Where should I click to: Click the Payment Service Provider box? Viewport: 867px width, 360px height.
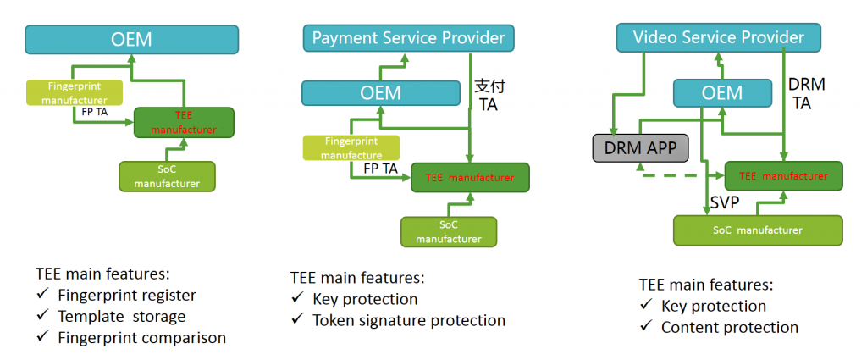(x=408, y=39)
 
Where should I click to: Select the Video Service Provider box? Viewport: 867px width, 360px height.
(x=718, y=37)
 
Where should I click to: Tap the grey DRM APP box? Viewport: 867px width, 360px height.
(x=640, y=148)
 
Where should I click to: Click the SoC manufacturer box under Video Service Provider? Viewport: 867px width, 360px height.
(x=758, y=230)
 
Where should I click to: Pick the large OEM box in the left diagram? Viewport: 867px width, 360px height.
(x=131, y=39)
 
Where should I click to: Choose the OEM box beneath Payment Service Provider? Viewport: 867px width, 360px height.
(x=380, y=93)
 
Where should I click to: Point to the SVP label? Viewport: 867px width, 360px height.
(x=725, y=203)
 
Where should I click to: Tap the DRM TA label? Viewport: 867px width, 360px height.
(x=806, y=93)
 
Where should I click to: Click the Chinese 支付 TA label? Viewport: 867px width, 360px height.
(x=490, y=95)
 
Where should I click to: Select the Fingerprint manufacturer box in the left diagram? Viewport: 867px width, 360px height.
(x=75, y=93)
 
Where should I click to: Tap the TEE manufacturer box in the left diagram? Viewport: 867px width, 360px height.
(x=185, y=122)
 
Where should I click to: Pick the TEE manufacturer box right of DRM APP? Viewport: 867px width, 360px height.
(x=783, y=176)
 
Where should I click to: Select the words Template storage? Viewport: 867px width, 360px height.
(x=122, y=317)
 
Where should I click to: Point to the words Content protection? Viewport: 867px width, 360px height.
(x=730, y=327)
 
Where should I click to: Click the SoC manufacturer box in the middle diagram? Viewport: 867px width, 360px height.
(x=449, y=232)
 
